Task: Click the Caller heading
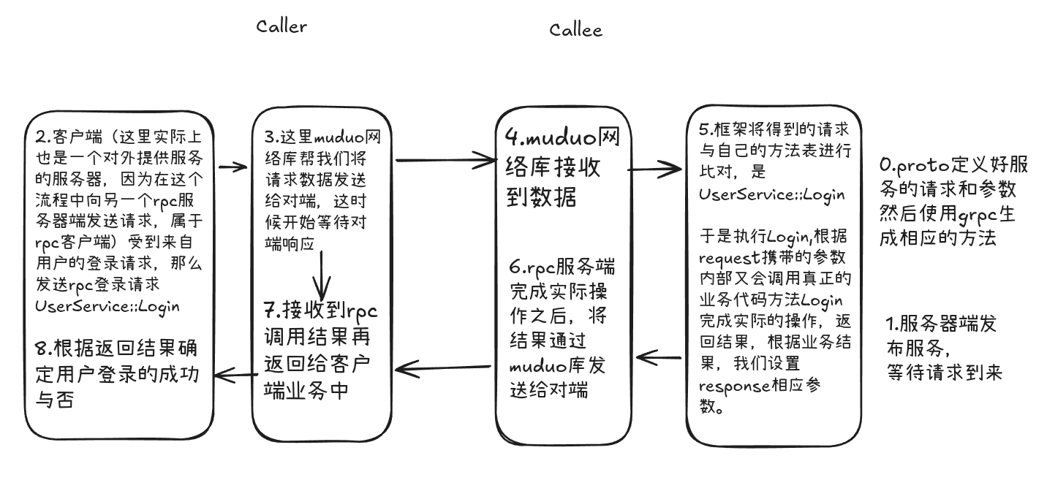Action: [x=281, y=26]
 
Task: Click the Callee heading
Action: [x=575, y=30]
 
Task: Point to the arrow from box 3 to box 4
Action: [x=445, y=159]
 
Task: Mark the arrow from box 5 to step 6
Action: [x=660, y=357]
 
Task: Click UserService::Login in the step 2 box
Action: [x=107, y=305]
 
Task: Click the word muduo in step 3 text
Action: [x=339, y=137]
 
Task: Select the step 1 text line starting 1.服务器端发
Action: [x=941, y=324]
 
